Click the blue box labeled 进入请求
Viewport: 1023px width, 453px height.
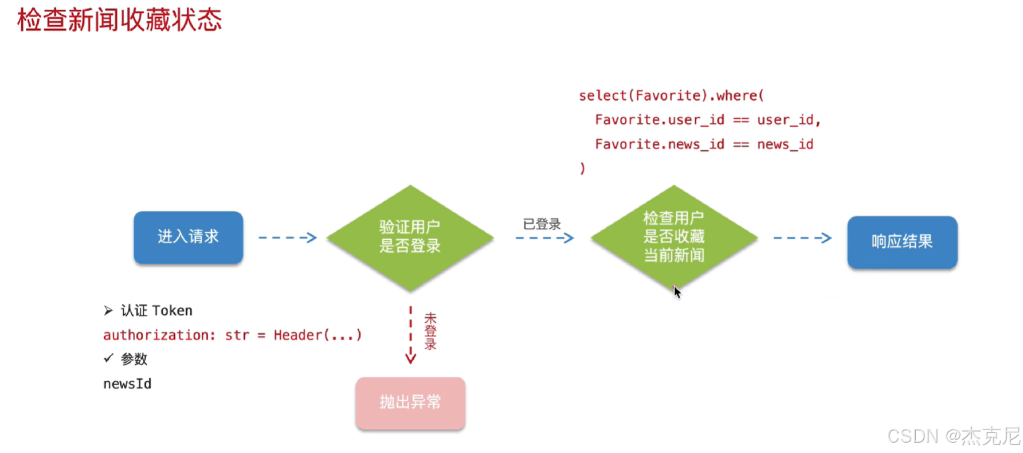[x=189, y=237]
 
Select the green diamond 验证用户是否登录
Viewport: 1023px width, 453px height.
[x=410, y=237]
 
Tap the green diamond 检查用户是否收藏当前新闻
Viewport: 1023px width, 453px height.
[x=674, y=237]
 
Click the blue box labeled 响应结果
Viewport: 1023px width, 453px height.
[x=902, y=242]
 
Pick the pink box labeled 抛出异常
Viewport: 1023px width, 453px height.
[x=410, y=403]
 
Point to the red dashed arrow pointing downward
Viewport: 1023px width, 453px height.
[x=410, y=335]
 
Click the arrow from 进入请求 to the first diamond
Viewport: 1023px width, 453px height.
[x=288, y=237]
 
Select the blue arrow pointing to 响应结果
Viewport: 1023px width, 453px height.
[x=802, y=237]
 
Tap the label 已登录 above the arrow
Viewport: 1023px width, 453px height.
[x=542, y=224]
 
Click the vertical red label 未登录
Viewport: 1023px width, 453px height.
[x=430, y=331]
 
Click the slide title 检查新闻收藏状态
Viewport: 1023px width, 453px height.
[x=119, y=20]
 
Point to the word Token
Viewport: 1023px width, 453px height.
[x=173, y=311]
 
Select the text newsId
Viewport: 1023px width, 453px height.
[x=127, y=384]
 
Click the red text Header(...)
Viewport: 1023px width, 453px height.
[x=318, y=335]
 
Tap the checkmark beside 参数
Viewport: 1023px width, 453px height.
[x=108, y=358]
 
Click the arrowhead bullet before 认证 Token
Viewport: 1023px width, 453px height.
[x=108, y=311]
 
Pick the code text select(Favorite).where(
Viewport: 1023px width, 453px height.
[x=671, y=95]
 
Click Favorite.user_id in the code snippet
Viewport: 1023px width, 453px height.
[x=660, y=120]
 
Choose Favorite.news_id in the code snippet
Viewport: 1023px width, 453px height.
[x=660, y=144]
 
